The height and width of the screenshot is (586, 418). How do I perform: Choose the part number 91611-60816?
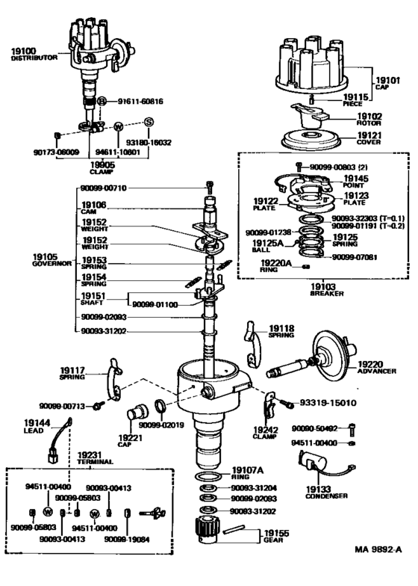point(140,100)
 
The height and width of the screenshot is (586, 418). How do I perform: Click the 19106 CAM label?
point(93,208)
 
